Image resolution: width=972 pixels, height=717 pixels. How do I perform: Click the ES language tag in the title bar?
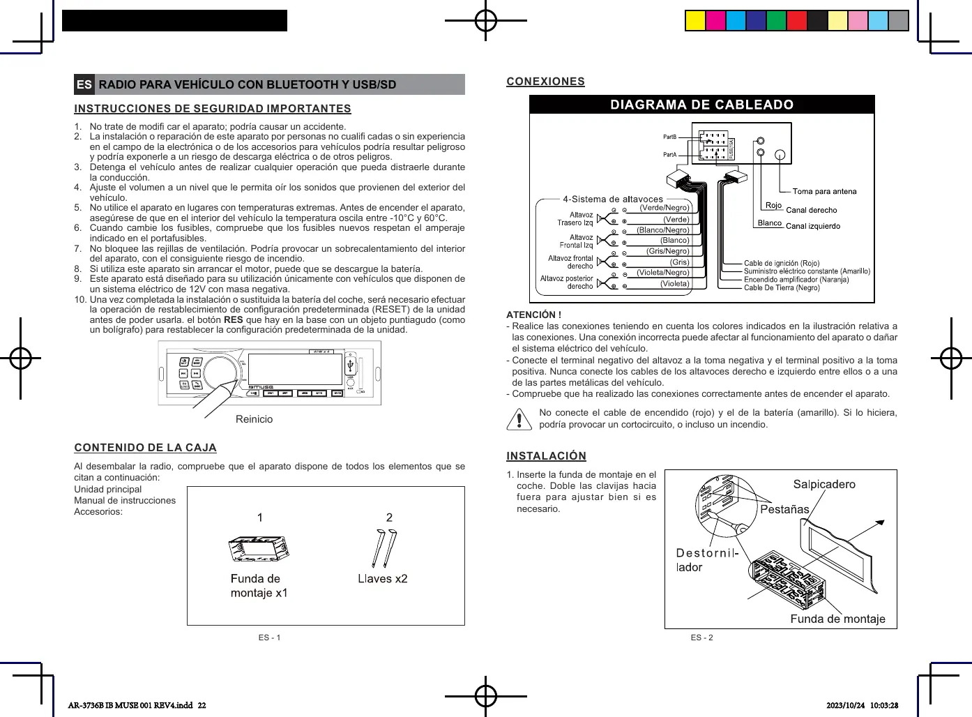click(84, 84)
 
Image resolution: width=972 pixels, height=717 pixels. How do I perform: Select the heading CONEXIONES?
click(545, 82)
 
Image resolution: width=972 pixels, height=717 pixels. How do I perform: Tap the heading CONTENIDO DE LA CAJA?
click(145, 448)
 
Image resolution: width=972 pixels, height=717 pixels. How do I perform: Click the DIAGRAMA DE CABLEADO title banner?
click(701, 105)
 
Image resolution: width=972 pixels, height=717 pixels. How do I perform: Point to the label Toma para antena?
click(824, 191)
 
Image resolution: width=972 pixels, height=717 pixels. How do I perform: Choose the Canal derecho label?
click(811, 210)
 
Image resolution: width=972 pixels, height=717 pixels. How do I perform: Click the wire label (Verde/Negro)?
click(664, 208)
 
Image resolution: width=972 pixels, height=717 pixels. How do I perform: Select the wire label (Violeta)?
click(674, 284)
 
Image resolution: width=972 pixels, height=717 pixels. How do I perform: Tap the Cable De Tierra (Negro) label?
click(781, 287)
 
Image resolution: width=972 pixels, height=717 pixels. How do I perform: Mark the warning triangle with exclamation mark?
click(519, 418)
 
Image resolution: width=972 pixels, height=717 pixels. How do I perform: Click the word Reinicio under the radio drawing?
click(254, 419)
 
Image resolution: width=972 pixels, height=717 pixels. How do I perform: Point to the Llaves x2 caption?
click(382, 579)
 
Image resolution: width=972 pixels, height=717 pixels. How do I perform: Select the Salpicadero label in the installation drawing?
click(823, 484)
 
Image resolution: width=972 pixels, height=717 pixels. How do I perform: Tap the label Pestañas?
click(784, 509)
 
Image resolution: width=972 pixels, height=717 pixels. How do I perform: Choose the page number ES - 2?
click(701, 637)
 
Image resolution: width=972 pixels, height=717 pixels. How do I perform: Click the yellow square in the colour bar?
click(695, 21)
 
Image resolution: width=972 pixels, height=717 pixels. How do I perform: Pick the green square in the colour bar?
click(776, 21)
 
